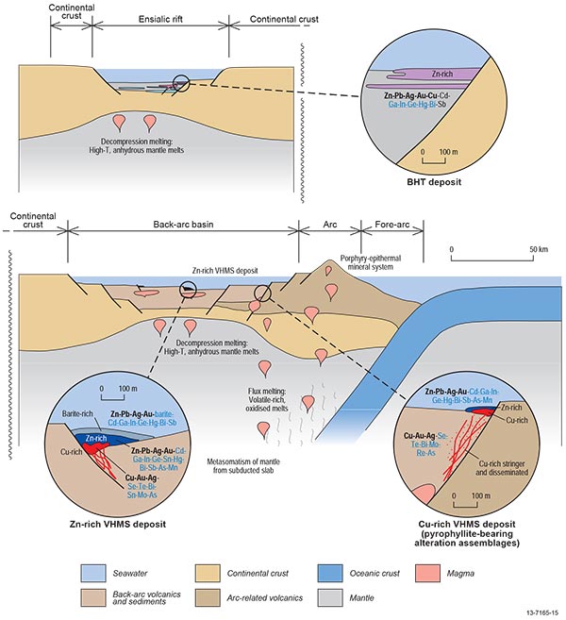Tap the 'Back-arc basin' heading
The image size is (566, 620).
(179, 226)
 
